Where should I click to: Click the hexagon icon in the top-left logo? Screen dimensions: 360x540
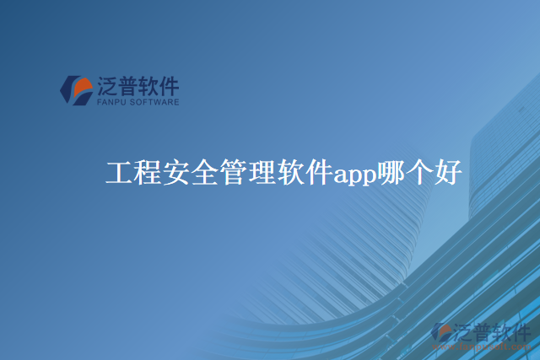(x=76, y=89)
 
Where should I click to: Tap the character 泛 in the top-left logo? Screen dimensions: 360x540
(x=110, y=85)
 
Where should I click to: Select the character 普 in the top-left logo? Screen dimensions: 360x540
(x=132, y=85)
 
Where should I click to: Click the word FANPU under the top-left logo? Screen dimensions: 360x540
(x=112, y=101)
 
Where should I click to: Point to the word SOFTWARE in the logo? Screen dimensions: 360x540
(x=155, y=101)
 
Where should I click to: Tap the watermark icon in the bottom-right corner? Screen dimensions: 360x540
(x=442, y=333)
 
